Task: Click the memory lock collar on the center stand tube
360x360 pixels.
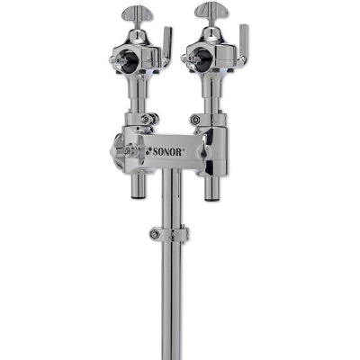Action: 171,235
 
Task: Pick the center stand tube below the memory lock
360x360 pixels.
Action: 171,297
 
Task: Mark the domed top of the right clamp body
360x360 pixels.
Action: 212,41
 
